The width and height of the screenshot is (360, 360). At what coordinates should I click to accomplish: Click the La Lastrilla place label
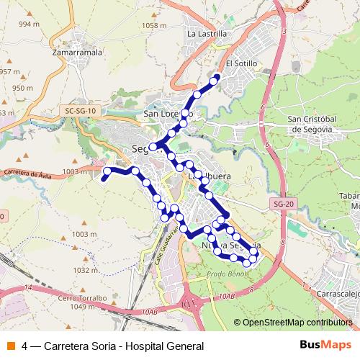[x=207, y=33]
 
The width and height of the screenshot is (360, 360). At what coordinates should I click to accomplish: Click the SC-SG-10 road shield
[x=79, y=111]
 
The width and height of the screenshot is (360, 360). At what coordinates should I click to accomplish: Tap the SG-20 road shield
[x=283, y=204]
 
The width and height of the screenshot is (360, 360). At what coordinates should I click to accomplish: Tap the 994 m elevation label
[x=29, y=24]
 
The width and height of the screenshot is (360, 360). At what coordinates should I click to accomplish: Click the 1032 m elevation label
[x=84, y=271]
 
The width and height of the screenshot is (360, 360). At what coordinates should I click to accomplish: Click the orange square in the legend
[x=10, y=346]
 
